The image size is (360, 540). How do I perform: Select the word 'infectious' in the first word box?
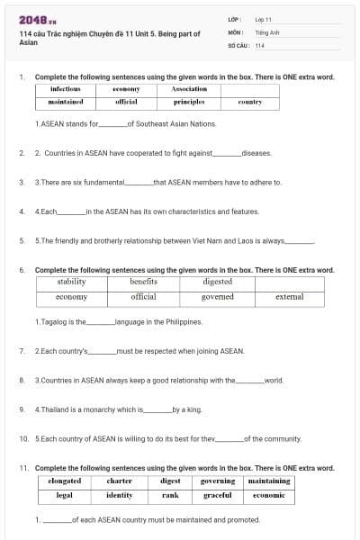pos(66,89)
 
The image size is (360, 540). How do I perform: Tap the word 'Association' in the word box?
pos(188,89)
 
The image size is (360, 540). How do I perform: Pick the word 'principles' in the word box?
pos(188,103)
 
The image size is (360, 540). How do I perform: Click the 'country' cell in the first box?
pos(249,103)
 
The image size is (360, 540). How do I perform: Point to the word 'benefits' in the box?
pos(143,282)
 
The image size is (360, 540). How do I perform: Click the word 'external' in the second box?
pos(289,296)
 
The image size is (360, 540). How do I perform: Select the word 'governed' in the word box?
pos(218,296)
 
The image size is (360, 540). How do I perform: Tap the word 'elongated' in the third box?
pos(65,481)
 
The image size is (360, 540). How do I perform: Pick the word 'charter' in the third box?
pos(120,481)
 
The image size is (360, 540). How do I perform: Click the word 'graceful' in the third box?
pos(218,495)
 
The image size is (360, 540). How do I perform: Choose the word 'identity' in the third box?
pos(120,495)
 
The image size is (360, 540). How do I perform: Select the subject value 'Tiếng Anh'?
pos(264,31)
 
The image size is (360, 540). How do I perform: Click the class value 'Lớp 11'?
pos(263,19)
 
